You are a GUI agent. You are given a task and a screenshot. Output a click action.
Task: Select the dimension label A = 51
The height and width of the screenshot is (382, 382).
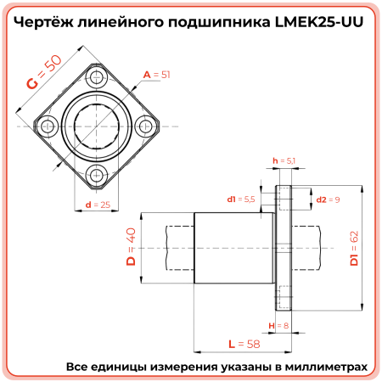click(x=157, y=76)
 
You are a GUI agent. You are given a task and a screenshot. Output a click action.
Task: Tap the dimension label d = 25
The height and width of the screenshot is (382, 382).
click(x=98, y=205)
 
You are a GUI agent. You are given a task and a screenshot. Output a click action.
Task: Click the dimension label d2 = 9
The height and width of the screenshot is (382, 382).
click(x=328, y=199)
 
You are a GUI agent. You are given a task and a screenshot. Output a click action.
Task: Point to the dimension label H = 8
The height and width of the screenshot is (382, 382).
click(x=278, y=325)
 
